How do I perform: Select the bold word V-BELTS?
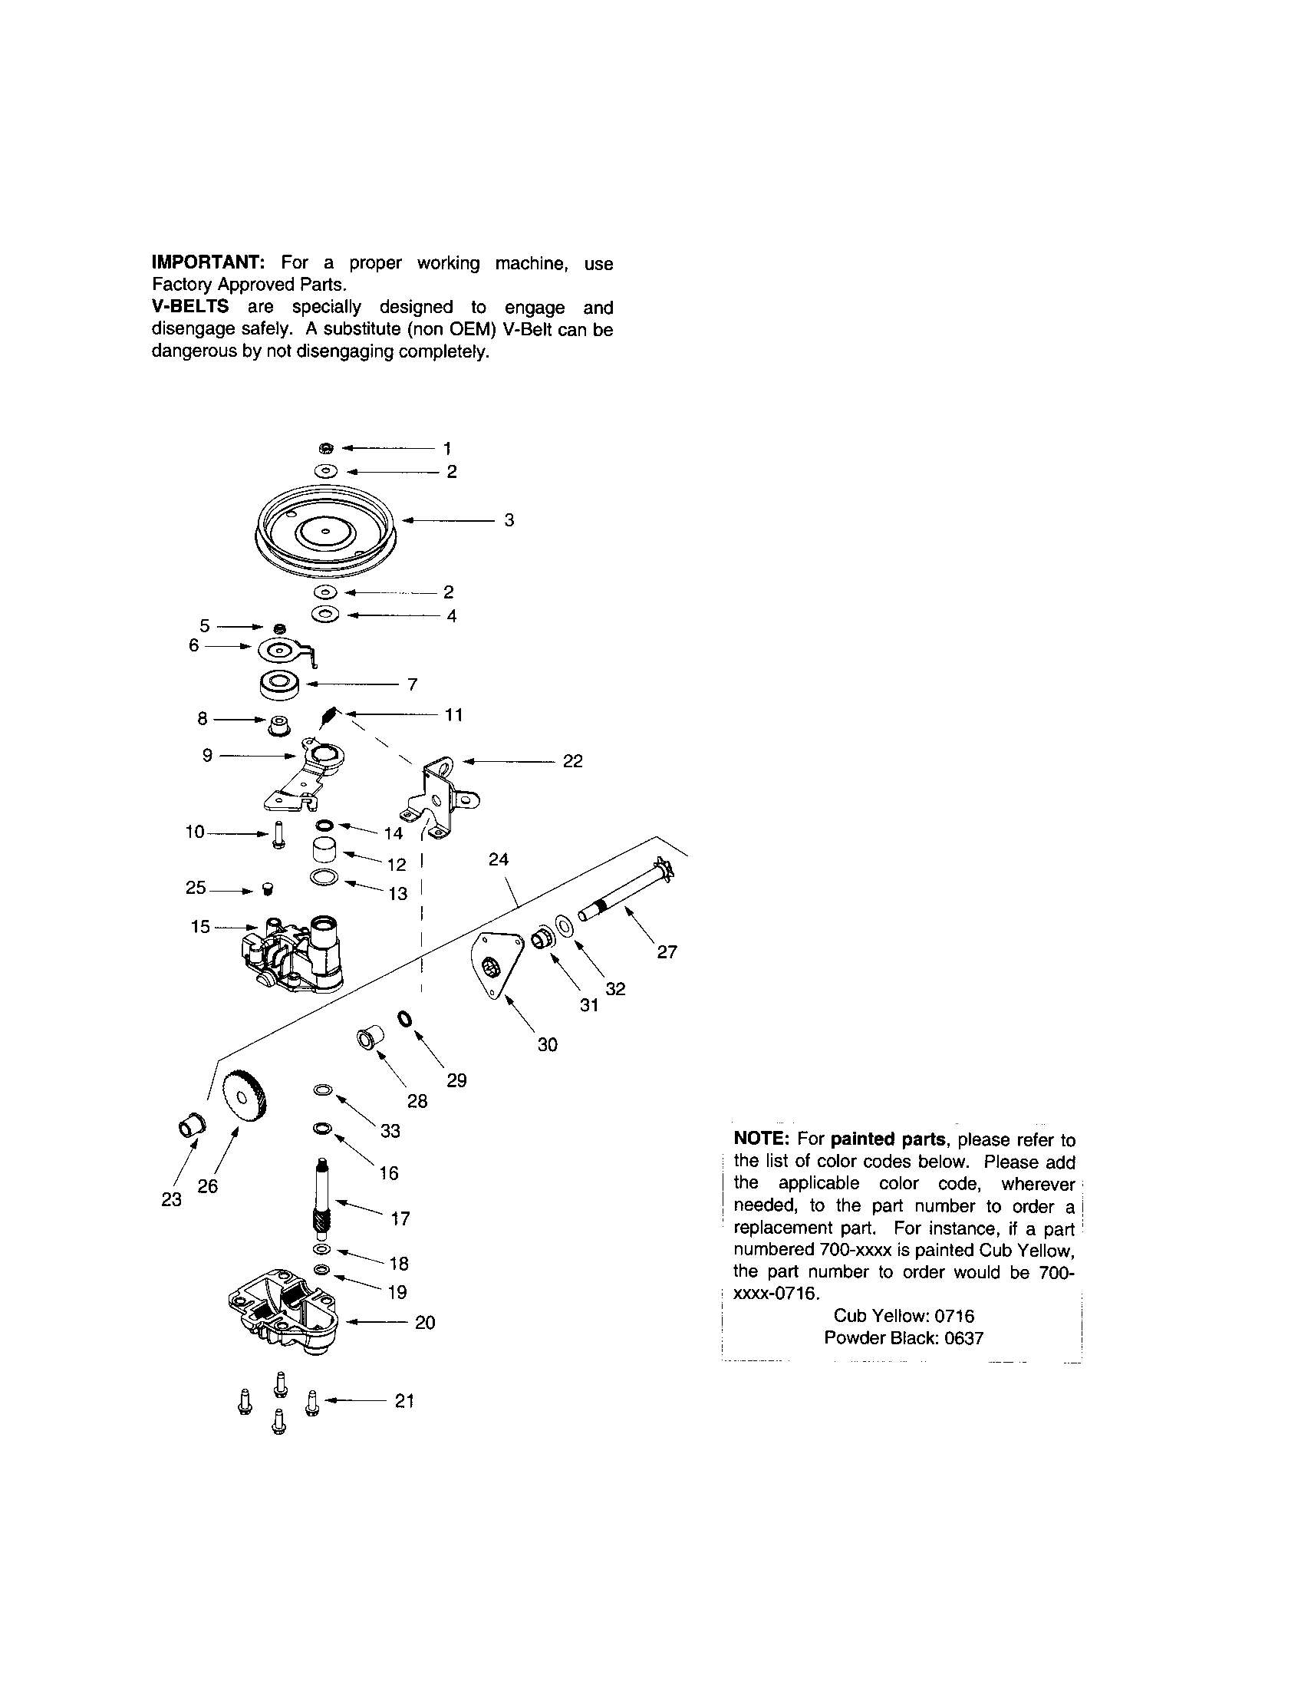click(190, 307)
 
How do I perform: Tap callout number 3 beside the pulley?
click(509, 520)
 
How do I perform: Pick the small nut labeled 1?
click(327, 447)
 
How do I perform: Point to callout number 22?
click(572, 761)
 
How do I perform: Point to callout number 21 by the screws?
click(404, 1400)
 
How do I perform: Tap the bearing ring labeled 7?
click(280, 684)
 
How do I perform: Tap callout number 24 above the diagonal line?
click(499, 859)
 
